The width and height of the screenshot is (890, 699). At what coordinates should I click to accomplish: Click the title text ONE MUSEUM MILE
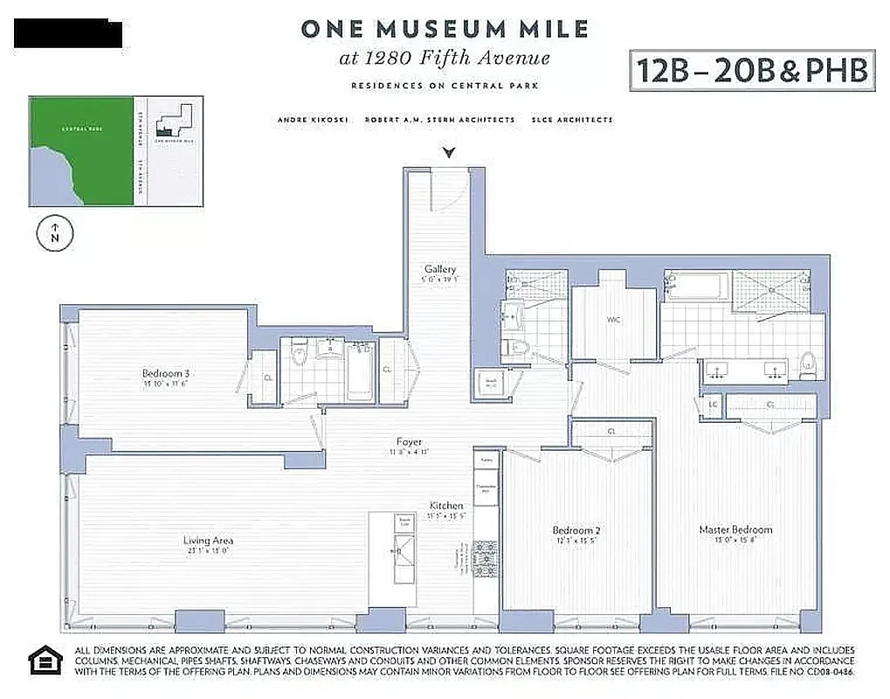[x=445, y=29]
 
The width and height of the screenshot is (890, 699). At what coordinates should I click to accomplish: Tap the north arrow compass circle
[x=55, y=233]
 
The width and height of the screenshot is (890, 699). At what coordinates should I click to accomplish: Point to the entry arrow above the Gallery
[x=449, y=154]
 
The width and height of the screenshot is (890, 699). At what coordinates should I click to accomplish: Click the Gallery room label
[x=440, y=269]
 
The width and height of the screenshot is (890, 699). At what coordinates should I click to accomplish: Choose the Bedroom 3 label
[x=165, y=374]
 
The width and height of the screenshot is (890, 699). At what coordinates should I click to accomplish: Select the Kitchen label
[x=445, y=506]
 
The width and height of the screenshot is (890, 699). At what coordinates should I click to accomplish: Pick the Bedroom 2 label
[x=576, y=530]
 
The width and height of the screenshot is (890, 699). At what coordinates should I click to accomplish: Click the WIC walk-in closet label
[x=613, y=320]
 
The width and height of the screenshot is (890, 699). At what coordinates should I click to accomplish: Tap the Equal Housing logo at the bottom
[x=45, y=661]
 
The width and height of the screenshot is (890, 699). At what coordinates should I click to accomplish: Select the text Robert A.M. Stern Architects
[x=439, y=120]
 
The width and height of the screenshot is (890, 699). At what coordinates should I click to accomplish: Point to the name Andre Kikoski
[x=313, y=120]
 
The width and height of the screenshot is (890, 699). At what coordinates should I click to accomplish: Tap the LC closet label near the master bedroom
[x=713, y=405]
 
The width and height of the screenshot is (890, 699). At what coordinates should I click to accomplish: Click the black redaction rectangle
[x=68, y=33]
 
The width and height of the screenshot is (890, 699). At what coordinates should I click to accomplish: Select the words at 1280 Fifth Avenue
[x=445, y=59]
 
